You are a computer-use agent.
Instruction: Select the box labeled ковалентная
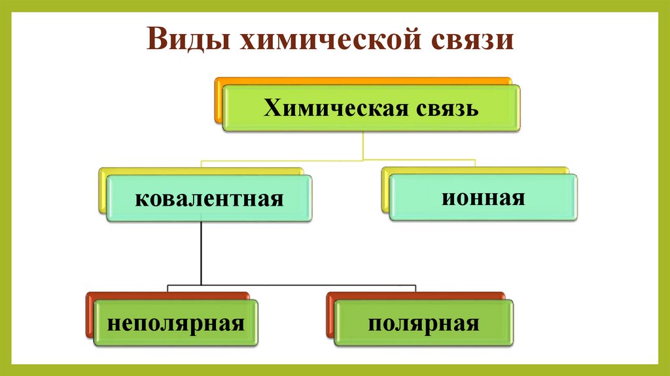(209, 198)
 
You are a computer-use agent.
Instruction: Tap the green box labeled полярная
(423, 324)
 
